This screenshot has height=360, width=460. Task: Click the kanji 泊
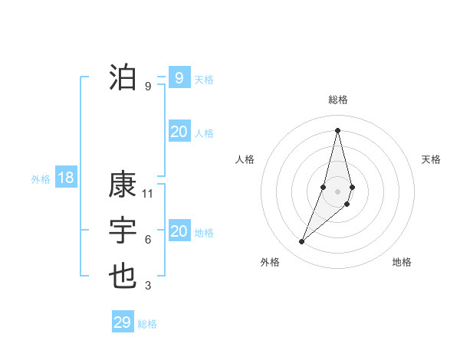click(123, 77)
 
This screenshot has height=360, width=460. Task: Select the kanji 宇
click(123, 231)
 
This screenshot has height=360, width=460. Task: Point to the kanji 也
click(123, 276)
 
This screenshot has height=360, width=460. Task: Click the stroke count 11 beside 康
click(148, 194)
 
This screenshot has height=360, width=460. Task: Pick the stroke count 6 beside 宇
click(148, 240)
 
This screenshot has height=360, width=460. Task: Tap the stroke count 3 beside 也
click(148, 286)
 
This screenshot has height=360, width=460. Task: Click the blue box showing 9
click(179, 77)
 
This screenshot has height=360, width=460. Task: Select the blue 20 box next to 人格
click(179, 132)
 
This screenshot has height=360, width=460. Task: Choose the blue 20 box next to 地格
click(179, 231)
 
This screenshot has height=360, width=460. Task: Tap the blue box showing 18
click(66, 178)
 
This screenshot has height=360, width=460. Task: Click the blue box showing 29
click(123, 322)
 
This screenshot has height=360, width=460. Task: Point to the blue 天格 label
click(204, 80)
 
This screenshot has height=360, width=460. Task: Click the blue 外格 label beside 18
click(41, 179)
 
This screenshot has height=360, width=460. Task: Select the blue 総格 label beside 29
click(147, 324)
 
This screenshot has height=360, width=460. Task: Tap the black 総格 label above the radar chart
click(337, 100)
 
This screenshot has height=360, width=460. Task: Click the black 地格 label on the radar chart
click(402, 262)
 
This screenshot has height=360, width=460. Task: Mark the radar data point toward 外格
click(301, 242)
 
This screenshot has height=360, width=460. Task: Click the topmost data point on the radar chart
click(337, 130)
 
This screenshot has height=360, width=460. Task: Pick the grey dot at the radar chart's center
click(337, 191)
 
